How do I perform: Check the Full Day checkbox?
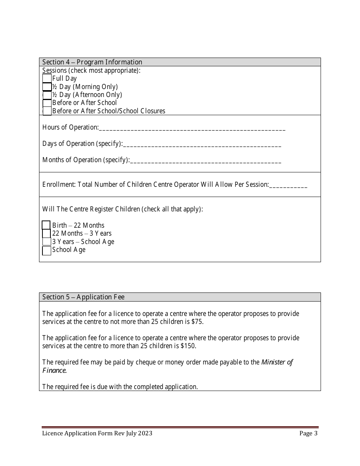pos(47,78)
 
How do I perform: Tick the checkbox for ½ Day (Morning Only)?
pos(47,87)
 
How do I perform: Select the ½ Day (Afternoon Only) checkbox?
pos(47,95)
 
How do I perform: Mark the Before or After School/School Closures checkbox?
pos(47,111)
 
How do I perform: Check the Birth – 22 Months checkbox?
pos(46,225)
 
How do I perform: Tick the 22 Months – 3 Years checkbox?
pos(46,233)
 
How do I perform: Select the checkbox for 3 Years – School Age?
pos(46,242)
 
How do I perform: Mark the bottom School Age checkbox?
pos(46,250)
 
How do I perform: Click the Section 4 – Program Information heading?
pos(92,62)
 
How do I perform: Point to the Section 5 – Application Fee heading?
pos(83,297)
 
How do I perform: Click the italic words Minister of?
pos(277,362)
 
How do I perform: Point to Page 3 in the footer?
pos(308,433)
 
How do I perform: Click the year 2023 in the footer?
pos(145,433)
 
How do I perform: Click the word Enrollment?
pos(59,185)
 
